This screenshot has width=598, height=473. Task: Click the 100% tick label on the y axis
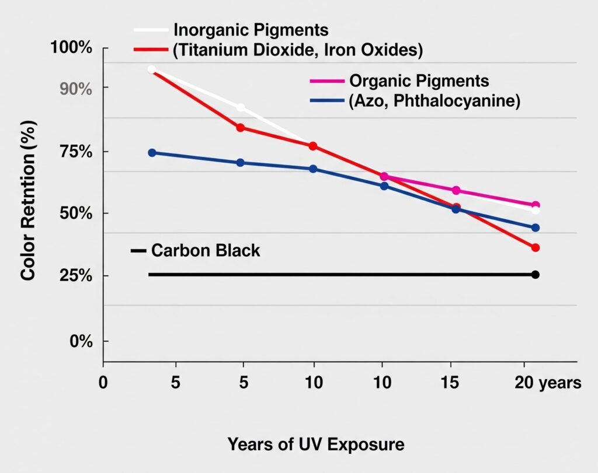[73, 48]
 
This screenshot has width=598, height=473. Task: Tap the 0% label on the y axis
[81, 341]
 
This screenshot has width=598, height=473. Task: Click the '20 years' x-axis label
[548, 383]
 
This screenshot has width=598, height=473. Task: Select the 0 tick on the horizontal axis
[103, 383]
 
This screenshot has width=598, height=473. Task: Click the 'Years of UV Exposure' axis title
[315, 444]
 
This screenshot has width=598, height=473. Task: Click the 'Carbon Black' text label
[205, 251]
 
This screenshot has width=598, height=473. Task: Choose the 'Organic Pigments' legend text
[418, 80]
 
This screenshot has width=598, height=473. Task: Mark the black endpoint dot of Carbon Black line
[535, 274]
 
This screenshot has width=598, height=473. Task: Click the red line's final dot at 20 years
[535, 248]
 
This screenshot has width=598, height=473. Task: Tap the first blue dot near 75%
[152, 153]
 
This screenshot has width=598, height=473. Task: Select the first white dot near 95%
[152, 69]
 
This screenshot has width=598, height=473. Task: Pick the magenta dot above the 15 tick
[456, 190]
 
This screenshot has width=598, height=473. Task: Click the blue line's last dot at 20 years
[535, 227]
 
